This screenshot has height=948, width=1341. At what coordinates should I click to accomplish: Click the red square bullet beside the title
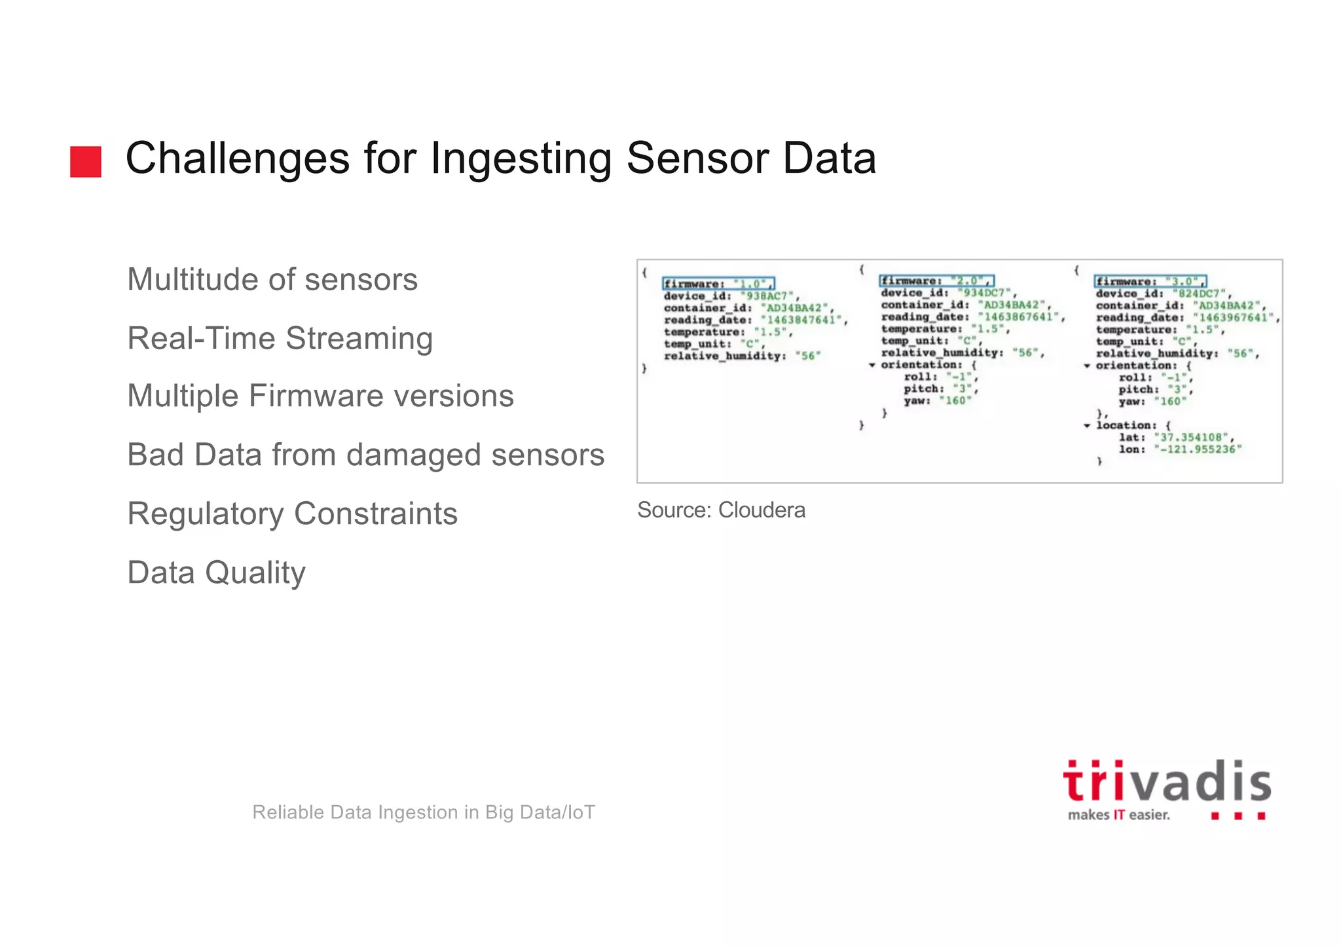point(86,161)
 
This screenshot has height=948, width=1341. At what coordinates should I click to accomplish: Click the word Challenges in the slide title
point(237,159)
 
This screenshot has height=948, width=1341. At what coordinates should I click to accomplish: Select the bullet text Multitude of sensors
point(272,280)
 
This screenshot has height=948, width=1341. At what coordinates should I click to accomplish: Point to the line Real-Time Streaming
point(280,339)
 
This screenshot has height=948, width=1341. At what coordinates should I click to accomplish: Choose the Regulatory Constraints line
point(292,514)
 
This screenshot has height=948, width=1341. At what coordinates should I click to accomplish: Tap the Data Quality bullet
point(216,573)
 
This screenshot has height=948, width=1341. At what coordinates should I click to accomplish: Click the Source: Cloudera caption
point(721,510)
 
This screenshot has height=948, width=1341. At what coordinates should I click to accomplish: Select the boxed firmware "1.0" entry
point(718,284)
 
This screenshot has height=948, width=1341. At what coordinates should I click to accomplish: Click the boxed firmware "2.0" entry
point(936,280)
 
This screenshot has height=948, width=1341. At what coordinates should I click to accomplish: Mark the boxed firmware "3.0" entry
point(1150,281)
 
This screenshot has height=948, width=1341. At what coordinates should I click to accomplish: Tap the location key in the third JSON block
point(1126,425)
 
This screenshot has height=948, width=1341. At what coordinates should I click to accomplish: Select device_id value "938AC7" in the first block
point(767,296)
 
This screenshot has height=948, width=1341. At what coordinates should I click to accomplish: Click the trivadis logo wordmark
point(1167,781)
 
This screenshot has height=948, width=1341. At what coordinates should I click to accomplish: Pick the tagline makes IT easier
point(1118,815)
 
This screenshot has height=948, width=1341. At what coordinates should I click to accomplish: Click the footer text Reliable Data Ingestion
point(424,812)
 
